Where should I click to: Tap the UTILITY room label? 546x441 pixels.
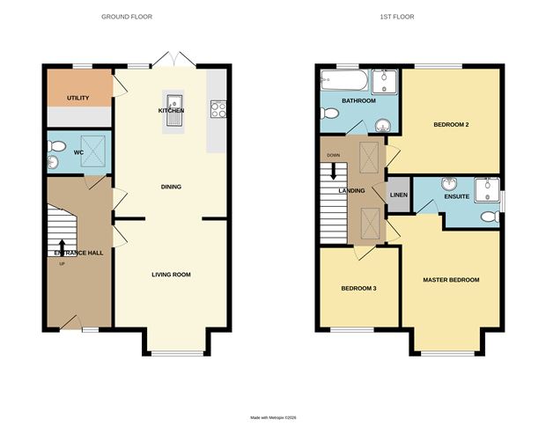[x=77, y=98]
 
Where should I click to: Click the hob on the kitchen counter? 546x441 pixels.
[x=218, y=110]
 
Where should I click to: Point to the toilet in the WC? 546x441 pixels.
[x=55, y=159]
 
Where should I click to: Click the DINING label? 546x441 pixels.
[x=171, y=187]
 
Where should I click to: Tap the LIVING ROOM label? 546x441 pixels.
[x=171, y=275]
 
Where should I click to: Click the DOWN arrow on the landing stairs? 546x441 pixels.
[x=334, y=169]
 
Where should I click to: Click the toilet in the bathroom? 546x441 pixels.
[x=328, y=114]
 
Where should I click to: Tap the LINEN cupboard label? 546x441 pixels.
[x=399, y=195]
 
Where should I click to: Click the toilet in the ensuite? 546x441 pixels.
[x=490, y=216]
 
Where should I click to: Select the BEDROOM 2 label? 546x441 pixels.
[x=450, y=124]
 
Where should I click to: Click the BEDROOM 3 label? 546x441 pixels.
[x=358, y=287]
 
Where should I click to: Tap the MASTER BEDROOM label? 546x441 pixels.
[x=451, y=280]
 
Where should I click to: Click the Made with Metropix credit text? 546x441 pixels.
[x=273, y=418]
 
